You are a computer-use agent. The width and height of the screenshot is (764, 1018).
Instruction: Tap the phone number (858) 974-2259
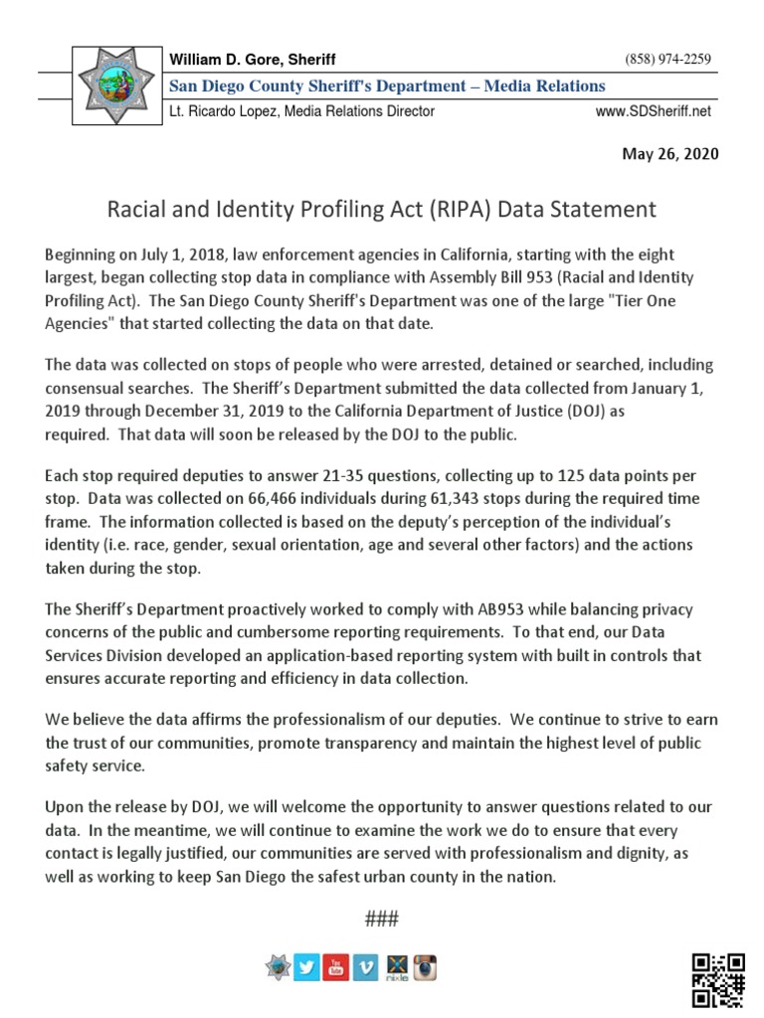pos(668,60)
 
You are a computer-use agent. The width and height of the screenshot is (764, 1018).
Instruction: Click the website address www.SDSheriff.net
pos(654,111)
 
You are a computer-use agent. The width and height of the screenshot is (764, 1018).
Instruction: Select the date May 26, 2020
pos(669,154)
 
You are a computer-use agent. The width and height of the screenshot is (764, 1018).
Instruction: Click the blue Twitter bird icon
pos(306,967)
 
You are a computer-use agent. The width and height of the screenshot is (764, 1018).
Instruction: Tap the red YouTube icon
pos(336,967)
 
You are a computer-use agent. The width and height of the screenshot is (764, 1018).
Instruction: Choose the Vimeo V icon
pos(366,967)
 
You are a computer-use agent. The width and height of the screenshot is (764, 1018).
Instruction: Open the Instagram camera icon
pos(426,967)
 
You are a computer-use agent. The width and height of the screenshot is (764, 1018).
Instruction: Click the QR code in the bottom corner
pos(718,979)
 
